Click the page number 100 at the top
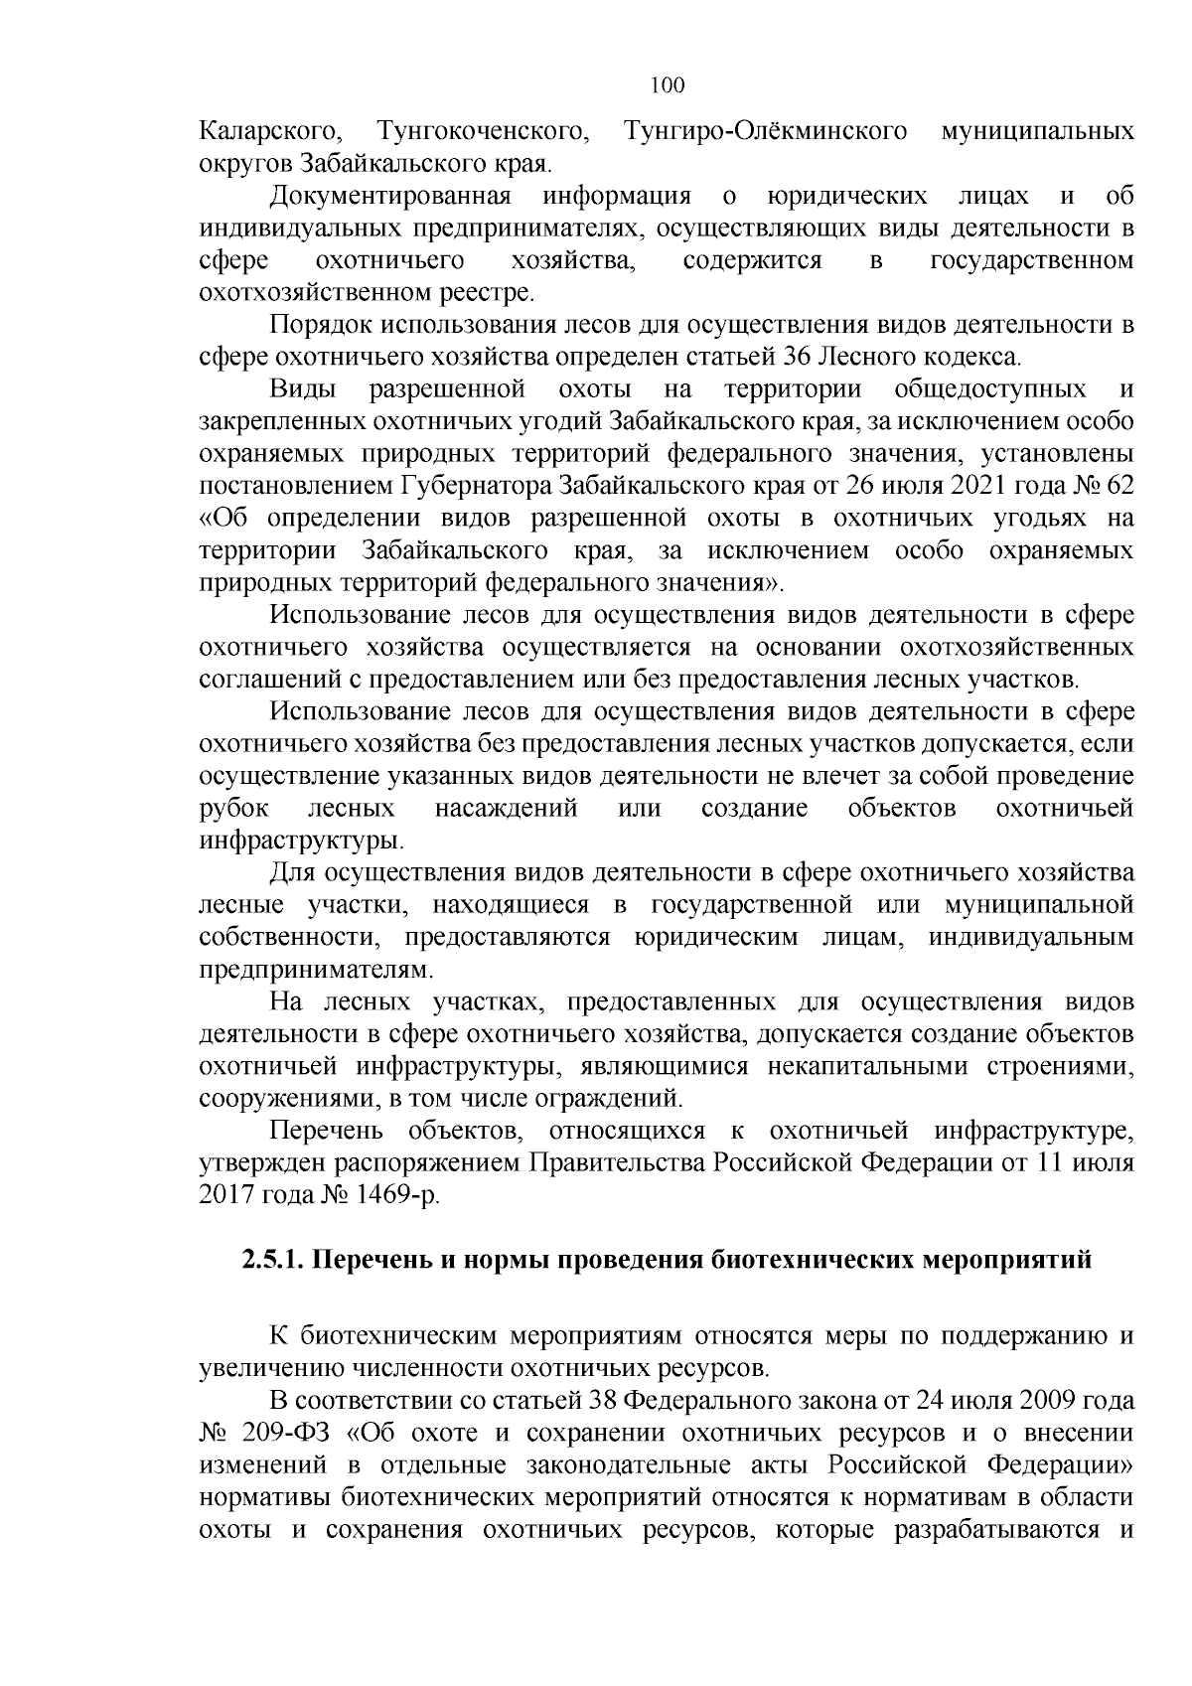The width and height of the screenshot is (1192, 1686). point(668,85)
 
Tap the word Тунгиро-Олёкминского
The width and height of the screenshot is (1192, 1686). point(766,132)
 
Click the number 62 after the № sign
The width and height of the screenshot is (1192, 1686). point(1115,487)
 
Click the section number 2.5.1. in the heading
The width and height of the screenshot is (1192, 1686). point(274,1261)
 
